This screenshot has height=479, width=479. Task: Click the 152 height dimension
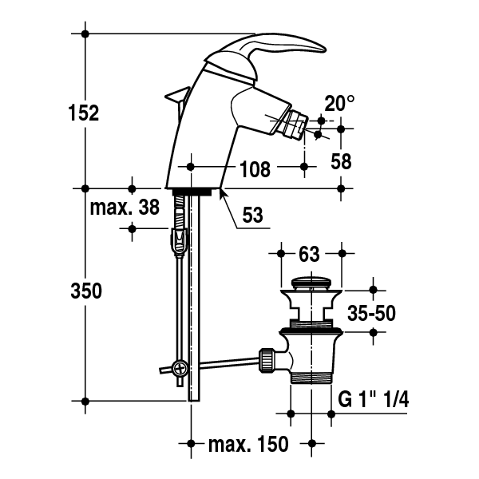[x=84, y=113]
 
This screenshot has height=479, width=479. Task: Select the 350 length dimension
[x=86, y=291]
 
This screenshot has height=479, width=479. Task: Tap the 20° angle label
[x=339, y=104]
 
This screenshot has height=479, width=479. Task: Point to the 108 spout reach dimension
[x=255, y=169]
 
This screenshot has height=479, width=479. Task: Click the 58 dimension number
[x=341, y=161]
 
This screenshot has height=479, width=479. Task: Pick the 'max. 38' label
[x=125, y=208]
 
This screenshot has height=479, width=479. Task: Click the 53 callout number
[x=252, y=215]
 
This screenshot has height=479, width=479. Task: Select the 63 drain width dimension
[x=309, y=254]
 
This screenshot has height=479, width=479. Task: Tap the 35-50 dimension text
[x=371, y=314]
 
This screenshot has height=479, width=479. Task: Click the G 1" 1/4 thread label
[x=374, y=399]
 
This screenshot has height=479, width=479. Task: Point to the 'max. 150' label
[x=248, y=444]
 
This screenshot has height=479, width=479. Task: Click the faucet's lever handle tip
[x=324, y=49]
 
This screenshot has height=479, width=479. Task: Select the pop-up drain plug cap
[x=311, y=283]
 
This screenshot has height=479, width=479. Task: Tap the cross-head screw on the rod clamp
[x=180, y=368]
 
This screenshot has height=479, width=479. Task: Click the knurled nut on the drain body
[x=266, y=361]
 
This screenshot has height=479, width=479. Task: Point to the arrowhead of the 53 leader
[x=221, y=192]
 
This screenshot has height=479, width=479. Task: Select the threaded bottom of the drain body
[x=311, y=378]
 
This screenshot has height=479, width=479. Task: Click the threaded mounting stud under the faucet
[x=179, y=212]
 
